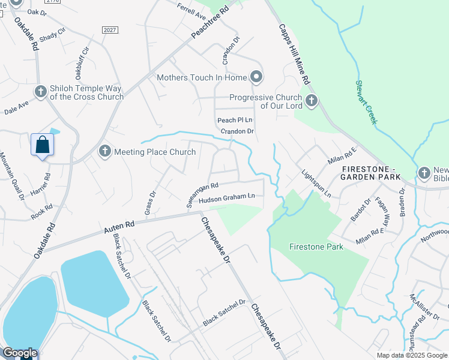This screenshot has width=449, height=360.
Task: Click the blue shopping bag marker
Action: tap(42, 145)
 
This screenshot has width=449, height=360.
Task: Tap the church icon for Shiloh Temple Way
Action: tap(40, 92)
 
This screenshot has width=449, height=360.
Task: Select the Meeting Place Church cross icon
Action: tap(104, 151)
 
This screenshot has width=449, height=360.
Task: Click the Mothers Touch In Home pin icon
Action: tap(256, 77)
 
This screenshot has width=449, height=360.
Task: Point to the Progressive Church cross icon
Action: tap(311, 101)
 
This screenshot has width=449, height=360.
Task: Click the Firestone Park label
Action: tap(315, 247)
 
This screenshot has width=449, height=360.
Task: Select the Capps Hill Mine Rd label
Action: tap(294, 54)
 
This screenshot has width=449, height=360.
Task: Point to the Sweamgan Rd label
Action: tap(202, 195)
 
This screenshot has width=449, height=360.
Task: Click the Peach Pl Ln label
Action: tap(234, 121)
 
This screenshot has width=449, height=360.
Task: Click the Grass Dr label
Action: tap(149, 203)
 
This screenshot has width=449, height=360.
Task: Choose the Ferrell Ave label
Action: tap(191, 10)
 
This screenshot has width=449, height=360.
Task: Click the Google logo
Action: tap(20, 353)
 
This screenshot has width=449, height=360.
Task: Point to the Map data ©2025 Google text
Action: tap(412, 355)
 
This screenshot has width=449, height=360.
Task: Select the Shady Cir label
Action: tap(52, 36)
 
